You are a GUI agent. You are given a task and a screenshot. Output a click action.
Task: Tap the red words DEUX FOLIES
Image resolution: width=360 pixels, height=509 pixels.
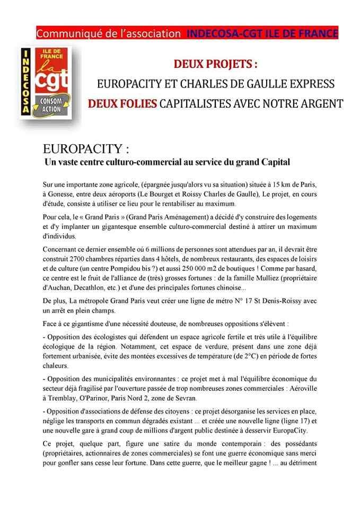click(122, 102)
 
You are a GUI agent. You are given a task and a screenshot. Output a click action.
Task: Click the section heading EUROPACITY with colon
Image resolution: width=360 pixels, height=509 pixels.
click(86, 147)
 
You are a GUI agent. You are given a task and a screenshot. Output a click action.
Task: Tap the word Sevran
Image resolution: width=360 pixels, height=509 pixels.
click(203, 398)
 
